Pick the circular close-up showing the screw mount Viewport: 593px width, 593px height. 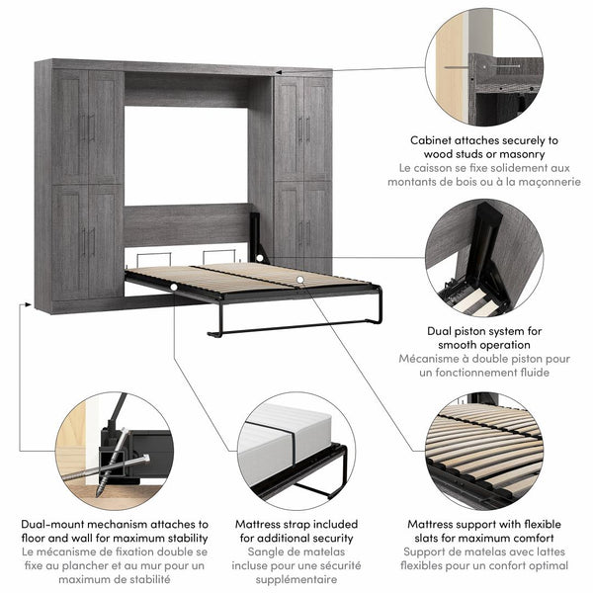point(113,449)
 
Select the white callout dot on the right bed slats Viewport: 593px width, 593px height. point(297,280)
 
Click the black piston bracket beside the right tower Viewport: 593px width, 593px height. point(258,236)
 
